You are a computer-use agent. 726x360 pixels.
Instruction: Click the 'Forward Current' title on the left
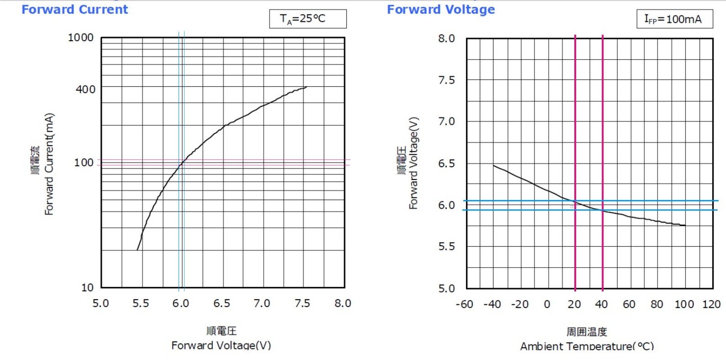point(75,10)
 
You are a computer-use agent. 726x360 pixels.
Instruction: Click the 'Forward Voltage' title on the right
point(441,10)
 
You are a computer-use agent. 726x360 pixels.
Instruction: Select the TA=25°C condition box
point(307,19)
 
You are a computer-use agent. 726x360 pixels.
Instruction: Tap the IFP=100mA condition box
point(674,19)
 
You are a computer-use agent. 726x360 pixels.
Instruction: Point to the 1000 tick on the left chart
point(80,37)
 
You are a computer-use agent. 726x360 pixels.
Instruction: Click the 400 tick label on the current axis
point(85,89)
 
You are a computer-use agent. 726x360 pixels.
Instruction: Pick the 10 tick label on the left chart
point(87,288)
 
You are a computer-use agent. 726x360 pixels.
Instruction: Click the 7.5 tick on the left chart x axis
point(302,303)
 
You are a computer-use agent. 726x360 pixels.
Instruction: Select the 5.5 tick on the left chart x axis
point(141,303)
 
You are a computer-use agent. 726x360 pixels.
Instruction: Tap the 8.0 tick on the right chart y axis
point(446,38)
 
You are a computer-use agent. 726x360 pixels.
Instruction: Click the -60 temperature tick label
point(464,304)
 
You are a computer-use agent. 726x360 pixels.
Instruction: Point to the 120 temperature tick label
point(711,304)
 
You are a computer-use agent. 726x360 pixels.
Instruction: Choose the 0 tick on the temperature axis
point(547,304)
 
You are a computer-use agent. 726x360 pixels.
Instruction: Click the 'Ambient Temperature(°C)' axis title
point(587,346)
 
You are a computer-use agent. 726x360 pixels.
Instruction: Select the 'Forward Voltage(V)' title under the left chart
point(221,345)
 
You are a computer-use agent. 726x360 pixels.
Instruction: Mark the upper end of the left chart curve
point(306,87)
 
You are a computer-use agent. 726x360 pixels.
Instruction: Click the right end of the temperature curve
point(685,225)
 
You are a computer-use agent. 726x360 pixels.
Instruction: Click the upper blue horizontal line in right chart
point(640,201)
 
